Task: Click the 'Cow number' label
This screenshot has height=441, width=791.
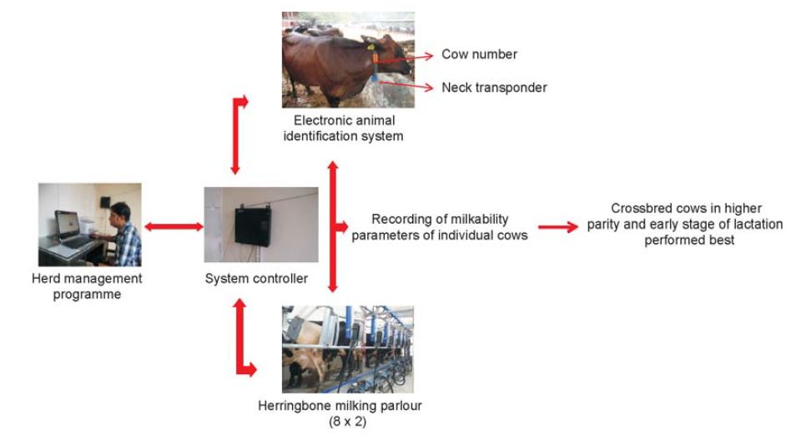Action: coord(479,54)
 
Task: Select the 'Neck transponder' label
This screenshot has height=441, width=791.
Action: coord(494,88)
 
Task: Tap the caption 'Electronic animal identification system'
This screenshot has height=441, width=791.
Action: coord(344,128)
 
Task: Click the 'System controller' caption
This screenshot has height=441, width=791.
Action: coord(256,278)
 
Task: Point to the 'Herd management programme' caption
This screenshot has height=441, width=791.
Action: coord(87,286)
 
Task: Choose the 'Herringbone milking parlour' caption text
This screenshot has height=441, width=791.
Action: coord(340,406)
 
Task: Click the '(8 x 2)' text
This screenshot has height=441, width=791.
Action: coord(348,421)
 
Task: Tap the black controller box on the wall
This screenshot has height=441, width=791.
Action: coord(253,226)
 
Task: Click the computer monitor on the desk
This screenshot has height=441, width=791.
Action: coord(68,225)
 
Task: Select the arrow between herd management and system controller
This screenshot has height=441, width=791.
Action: coord(174,227)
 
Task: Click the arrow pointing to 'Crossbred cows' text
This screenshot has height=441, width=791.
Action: coord(558,227)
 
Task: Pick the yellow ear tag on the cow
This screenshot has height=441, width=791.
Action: coord(370,47)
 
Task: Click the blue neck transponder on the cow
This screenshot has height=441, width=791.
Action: coord(375,77)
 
